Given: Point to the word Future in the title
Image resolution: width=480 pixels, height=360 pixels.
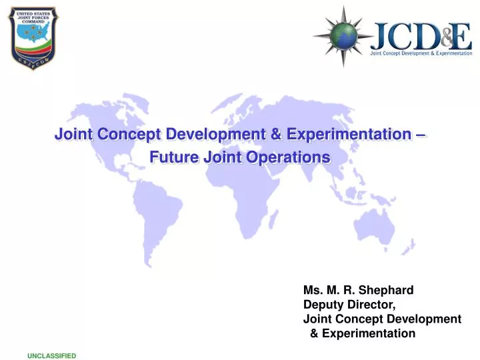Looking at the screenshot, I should [x=169, y=158].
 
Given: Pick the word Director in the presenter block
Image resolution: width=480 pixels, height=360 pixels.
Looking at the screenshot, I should [x=374, y=305].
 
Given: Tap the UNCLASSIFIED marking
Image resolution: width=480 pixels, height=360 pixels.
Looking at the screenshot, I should [x=52, y=356].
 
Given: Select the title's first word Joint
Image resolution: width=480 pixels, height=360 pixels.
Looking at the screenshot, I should [x=73, y=134].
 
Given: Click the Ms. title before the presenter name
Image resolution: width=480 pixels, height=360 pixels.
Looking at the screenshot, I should [x=311, y=290].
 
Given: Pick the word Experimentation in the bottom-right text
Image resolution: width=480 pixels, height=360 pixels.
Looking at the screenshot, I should [x=369, y=333].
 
